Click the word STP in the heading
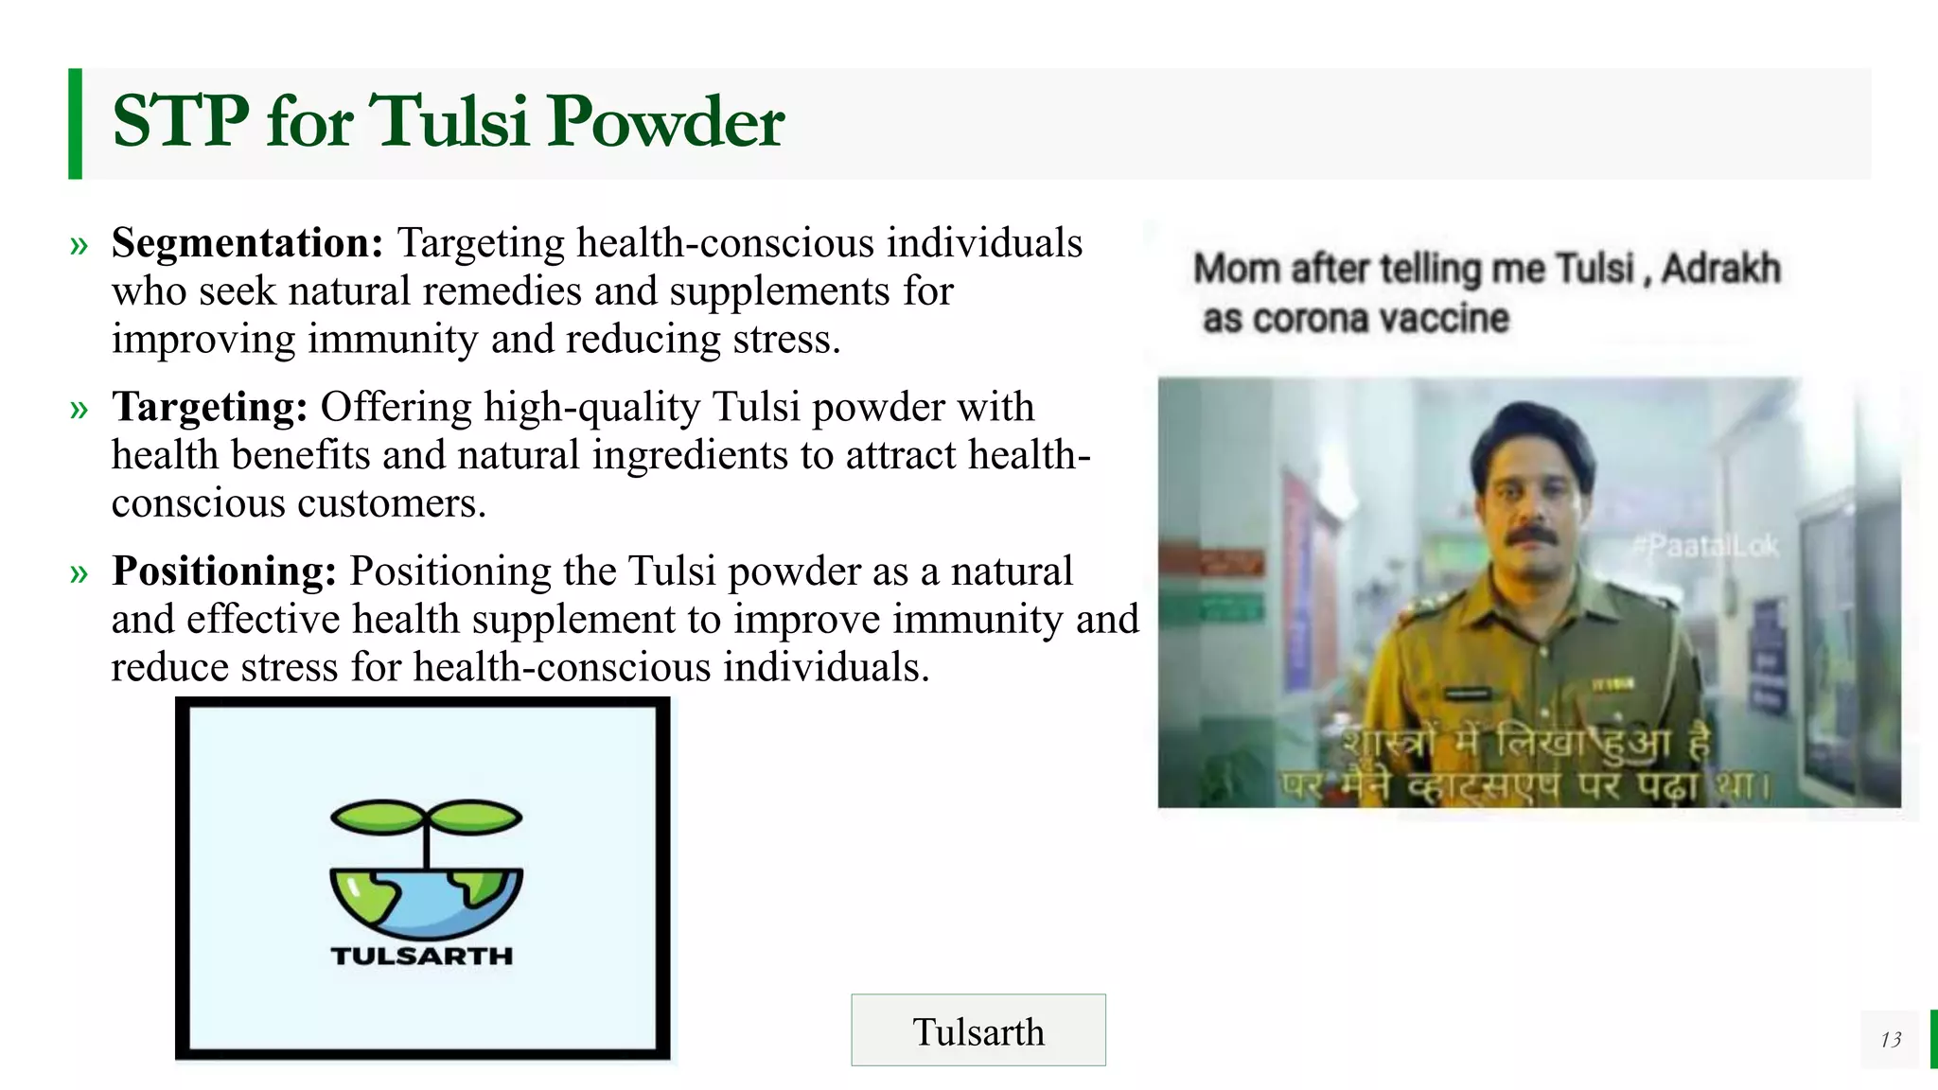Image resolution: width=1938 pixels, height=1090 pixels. coord(180,122)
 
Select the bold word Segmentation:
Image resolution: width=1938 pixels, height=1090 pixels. coord(247,243)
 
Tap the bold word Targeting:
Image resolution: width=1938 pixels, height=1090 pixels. coord(209,407)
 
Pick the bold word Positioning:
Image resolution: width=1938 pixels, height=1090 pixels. coord(224,571)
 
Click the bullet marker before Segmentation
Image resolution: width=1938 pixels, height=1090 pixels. coord(79,246)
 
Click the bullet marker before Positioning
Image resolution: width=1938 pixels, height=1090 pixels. coord(79,573)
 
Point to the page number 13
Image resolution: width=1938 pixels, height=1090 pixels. coord(1891,1040)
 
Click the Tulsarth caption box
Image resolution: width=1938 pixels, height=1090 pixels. coord(978,1030)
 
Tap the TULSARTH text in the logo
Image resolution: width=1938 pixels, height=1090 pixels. coord(422,956)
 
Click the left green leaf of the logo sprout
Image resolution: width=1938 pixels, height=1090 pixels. coord(376,817)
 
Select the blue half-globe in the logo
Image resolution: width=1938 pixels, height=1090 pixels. coord(426,903)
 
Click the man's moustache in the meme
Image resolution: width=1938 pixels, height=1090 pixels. coord(1531,536)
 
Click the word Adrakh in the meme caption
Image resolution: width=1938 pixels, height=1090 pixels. coord(1720,269)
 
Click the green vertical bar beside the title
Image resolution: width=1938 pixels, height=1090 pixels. coord(75,123)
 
